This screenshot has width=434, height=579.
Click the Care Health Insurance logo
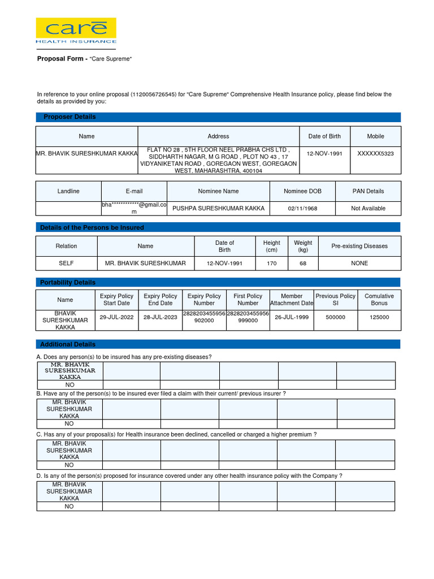[x=76, y=31]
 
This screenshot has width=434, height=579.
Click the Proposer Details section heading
[x=68, y=117]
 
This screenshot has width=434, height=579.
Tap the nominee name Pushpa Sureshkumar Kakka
[x=218, y=208]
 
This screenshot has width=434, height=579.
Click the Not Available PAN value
[x=368, y=208]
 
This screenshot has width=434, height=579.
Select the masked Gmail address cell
[x=134, y=208]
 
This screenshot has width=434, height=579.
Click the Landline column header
[x=68, y=191]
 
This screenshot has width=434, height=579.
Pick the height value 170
[x=272, y=263]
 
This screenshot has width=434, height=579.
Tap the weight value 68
[x=303, y=263]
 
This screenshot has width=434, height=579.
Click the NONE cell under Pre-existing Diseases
[x=359, y=263]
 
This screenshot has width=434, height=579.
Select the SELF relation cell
[x=67, y=263]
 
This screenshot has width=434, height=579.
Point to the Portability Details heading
[x=68, y=282]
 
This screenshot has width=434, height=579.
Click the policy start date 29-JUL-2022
[x=116, y=317]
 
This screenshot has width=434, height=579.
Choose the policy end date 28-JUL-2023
[x=160, y=317]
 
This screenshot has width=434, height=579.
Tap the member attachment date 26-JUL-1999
[x=292, y=317]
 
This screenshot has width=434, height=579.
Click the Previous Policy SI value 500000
[x=335, y=317]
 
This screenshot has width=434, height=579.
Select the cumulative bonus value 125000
[x=379, y=317]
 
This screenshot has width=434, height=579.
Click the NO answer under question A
[x=70, y=384]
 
